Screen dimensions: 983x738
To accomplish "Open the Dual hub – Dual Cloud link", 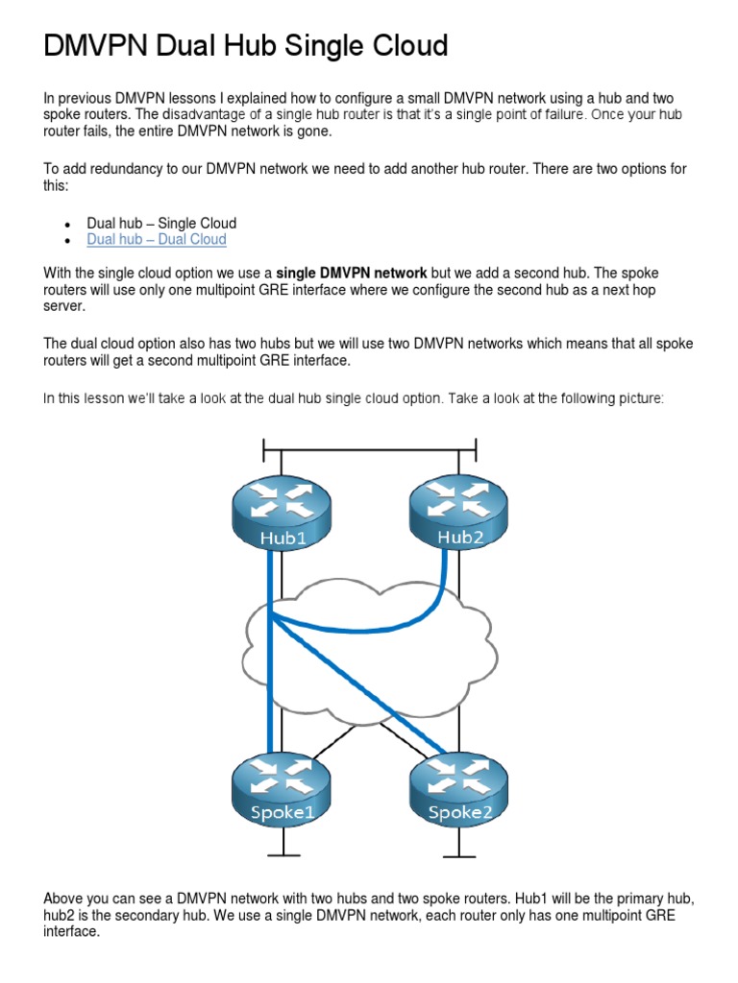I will point(157,239).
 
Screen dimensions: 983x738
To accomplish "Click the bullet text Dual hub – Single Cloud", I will point(161,224).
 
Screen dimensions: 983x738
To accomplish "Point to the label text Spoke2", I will point(459,813).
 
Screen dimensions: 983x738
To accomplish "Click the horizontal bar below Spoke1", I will point(282,853).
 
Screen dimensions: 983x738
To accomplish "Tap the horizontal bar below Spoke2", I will point(458,853).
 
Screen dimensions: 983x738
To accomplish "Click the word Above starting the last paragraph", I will point(64,898).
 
